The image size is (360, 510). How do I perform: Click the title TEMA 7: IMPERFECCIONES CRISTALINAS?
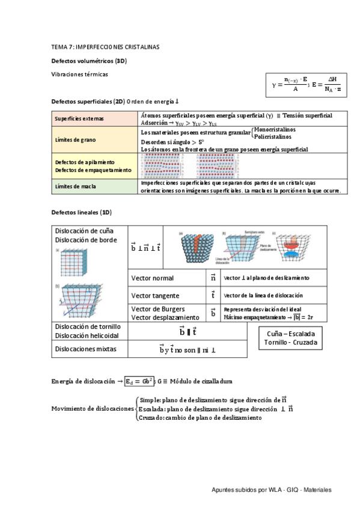[x=105, y=47]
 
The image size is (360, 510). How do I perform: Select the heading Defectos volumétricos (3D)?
[x=89, y=61]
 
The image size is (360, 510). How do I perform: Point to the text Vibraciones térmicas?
[x=80, y=74]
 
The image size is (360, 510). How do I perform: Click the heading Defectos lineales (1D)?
[x=82, y=213]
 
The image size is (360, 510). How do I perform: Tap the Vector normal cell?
[x=153, y=278]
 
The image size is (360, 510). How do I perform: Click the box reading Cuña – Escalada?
[x=289, y=333]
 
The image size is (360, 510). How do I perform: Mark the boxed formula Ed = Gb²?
[x=139, y=381]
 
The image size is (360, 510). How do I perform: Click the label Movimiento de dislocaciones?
[x=93, y=408]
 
